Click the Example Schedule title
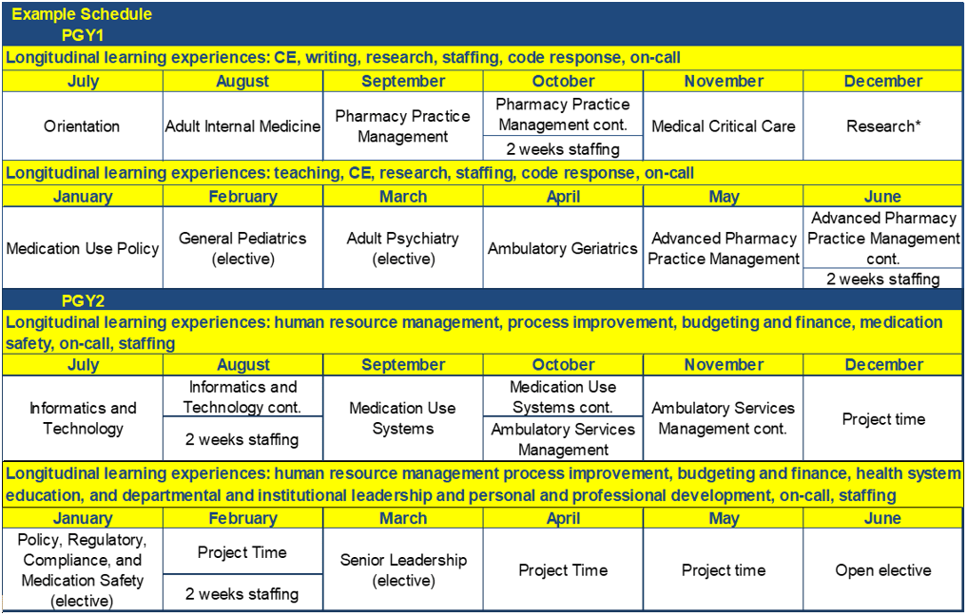coord(82,14)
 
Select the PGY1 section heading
coord(82,35)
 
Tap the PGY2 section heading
coord(83,301)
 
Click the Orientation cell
coord(82,126)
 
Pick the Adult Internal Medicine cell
coord(242,126)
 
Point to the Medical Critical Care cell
coord(723,126)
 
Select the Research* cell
coord(883,126)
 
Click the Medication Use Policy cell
coord(83,248)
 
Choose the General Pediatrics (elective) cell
coord(242,248)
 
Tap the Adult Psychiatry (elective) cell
coord(403,248)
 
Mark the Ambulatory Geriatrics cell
coord(563,248)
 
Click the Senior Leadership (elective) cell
coord(403,570)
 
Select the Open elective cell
coord(883,570)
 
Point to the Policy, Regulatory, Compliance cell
coord(82,569)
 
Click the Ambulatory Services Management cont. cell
coord(723,418)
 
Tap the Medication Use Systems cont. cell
coord(563,397)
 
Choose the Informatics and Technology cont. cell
coord(242,397)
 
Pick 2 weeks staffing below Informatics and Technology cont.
coord(242,439)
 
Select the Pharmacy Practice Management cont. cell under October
coord(563,114)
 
